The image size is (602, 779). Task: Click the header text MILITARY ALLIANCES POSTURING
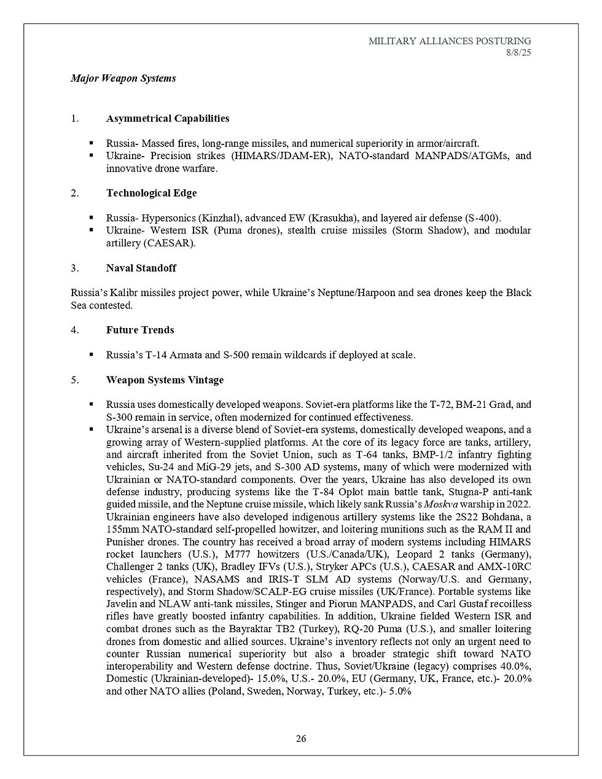[450, 41]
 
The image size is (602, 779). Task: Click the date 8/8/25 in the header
[518, 53]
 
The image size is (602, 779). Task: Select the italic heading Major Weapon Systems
[123, 78]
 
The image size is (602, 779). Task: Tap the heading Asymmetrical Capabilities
[167, 118]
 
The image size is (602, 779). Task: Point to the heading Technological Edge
[151, 193]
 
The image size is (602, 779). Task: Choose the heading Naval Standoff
[142, 268]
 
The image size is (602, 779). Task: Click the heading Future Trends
[140, 330]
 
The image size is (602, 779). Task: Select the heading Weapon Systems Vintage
[165, 380]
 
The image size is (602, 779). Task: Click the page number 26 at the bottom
[301, 738]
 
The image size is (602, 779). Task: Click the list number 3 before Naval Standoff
[74, 268]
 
